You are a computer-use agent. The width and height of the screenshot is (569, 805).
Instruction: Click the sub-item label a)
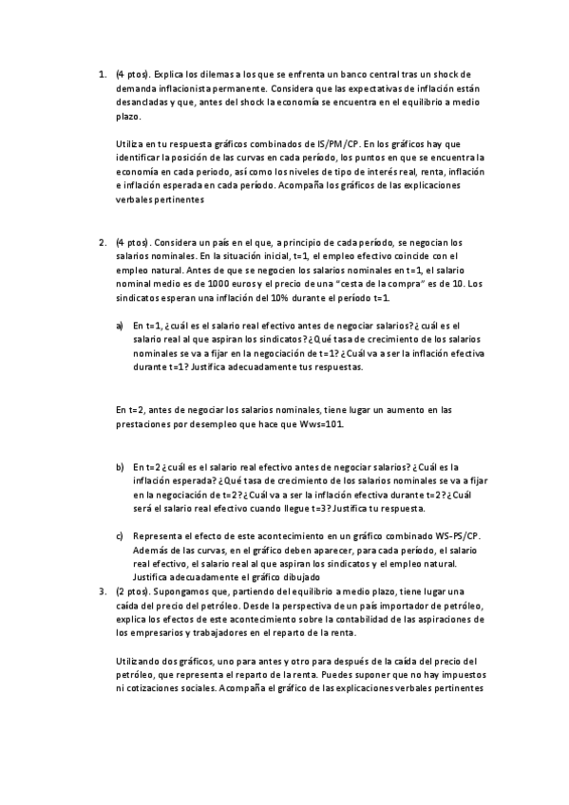tap(120, 324)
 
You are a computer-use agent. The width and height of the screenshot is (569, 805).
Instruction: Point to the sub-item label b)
tap(120, 466)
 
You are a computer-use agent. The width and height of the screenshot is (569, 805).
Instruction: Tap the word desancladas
tap(142, 102)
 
